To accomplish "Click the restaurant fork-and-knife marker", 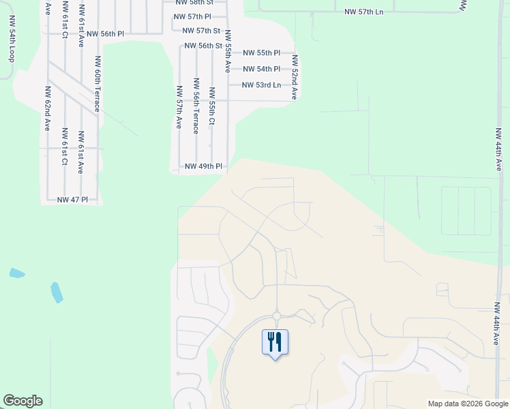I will [x=275, y=341].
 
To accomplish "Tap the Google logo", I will [x=22, y=401].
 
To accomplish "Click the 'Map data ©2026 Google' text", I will [x=468, y=404].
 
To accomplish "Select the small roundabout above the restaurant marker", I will [x=276, y=316].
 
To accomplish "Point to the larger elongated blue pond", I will [x=57, y=292].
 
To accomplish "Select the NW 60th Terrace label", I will [x=98, y=84].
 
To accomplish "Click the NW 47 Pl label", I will [x=73, y=200].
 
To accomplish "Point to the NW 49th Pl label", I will [x=204, y=166].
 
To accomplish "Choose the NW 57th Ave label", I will [x=179, y=107].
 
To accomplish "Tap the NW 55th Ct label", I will [x=212, y=106].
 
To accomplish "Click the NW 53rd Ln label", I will [x=262, y=85].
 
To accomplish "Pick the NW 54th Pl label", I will [x=262, y=69].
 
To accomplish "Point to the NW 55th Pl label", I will [x=262, y=53].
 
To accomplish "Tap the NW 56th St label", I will [x=204, y=46].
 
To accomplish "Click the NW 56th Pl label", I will [x=106, y=33].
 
